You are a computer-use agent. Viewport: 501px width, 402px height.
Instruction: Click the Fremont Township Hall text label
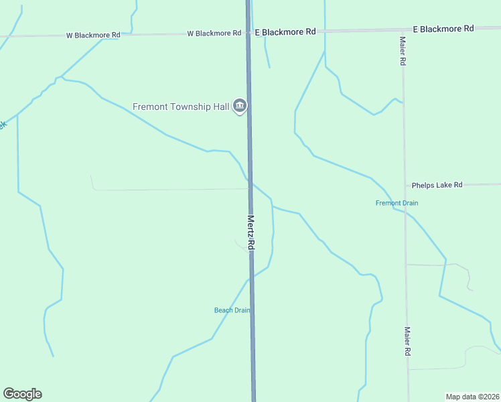pyautogui.click(x=181, y=107)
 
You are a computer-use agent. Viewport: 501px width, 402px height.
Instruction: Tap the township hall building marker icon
pyautogui.click(x=240, y=107)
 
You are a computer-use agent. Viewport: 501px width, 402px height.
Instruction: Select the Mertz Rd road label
pyautogui.click(x=251, y=232)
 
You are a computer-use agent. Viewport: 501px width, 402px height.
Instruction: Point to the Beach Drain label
pyautogui.click(x=232, y=310)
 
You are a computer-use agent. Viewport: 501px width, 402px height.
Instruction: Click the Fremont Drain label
pyautogui.click(x=397, y=203)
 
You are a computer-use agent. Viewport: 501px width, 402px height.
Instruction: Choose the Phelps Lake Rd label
pyautogui.click(x=437, y=185)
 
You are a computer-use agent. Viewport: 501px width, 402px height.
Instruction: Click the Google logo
pyautogui.click(x=22, y=394)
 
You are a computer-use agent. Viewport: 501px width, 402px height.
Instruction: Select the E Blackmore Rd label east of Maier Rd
pyautogui.click(x=443, y=29)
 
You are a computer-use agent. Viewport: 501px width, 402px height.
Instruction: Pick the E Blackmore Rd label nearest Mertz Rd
pyautogui.click(x=285, y=31)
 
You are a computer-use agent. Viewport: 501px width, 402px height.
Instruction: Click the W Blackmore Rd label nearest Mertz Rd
pyautogui.click(x=214, y=33)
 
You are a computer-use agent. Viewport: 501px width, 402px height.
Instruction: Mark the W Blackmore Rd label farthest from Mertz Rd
pyautogui.click(x=92, y=34)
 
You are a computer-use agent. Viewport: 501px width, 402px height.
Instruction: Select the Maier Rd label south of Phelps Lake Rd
pyautogui.click(x=407, y=341)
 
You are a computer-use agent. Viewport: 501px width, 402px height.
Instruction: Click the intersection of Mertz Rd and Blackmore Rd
pyautogui.click(x=248, y=32)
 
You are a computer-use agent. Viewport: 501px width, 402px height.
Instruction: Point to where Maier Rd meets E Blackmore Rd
pyautogui.click(x=403, y=30)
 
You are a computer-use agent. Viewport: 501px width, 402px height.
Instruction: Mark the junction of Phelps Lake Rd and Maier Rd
pyautogui.click(x=405, y=185)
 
